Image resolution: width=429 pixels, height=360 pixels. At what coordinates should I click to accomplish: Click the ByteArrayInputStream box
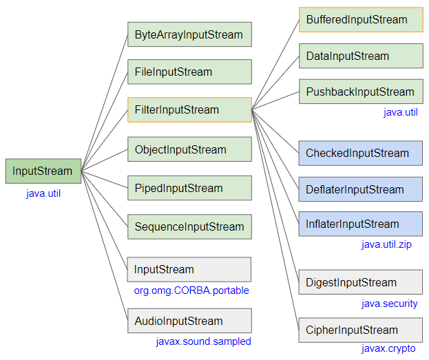click(x=189, y=34)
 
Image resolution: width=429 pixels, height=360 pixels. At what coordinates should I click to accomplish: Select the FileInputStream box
click(x=189, y=72)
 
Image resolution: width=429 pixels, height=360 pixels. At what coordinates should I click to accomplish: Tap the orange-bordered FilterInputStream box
click(x=189, y=109)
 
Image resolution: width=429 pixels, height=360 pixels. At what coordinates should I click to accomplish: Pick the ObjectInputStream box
click(x=189, y=149)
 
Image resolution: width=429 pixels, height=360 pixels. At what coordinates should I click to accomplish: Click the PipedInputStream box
click(x=189, y=188)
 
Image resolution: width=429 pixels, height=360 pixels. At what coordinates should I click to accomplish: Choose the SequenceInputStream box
click(x=189, y=226)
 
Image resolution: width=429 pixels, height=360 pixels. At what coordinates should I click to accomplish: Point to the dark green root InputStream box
click(x=43, y=171)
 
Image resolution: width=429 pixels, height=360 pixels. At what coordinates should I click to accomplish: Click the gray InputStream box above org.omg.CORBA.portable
click(x=189, y=269)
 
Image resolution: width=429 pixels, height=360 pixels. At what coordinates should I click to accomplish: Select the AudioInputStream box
click(x=189, y=321)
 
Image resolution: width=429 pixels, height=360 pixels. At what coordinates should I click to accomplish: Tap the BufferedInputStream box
click(x=361, y=20)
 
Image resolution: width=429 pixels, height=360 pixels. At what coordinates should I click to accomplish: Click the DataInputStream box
click(x=361, y=56)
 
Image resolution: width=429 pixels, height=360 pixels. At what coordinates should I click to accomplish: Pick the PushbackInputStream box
click(x=361, y=92)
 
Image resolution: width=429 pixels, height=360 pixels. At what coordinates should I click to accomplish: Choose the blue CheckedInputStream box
click(x=361, y=153)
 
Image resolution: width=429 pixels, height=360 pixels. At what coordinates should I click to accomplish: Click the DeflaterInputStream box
click(x=361, y=189)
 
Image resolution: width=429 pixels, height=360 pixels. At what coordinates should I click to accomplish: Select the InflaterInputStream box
click(x=361, y=224)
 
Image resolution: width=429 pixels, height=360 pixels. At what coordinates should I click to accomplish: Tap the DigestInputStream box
click(x=361, y=282)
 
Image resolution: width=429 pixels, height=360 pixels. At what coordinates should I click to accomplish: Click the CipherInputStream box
click(x=361, y=330)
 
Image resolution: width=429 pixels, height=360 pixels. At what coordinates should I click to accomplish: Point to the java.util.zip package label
click(x=386, y=244)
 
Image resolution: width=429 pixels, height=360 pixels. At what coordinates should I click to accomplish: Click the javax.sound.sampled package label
click(x=204, y=341)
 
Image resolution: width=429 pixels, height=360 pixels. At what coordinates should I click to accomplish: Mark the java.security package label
click(x=389, y=304)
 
